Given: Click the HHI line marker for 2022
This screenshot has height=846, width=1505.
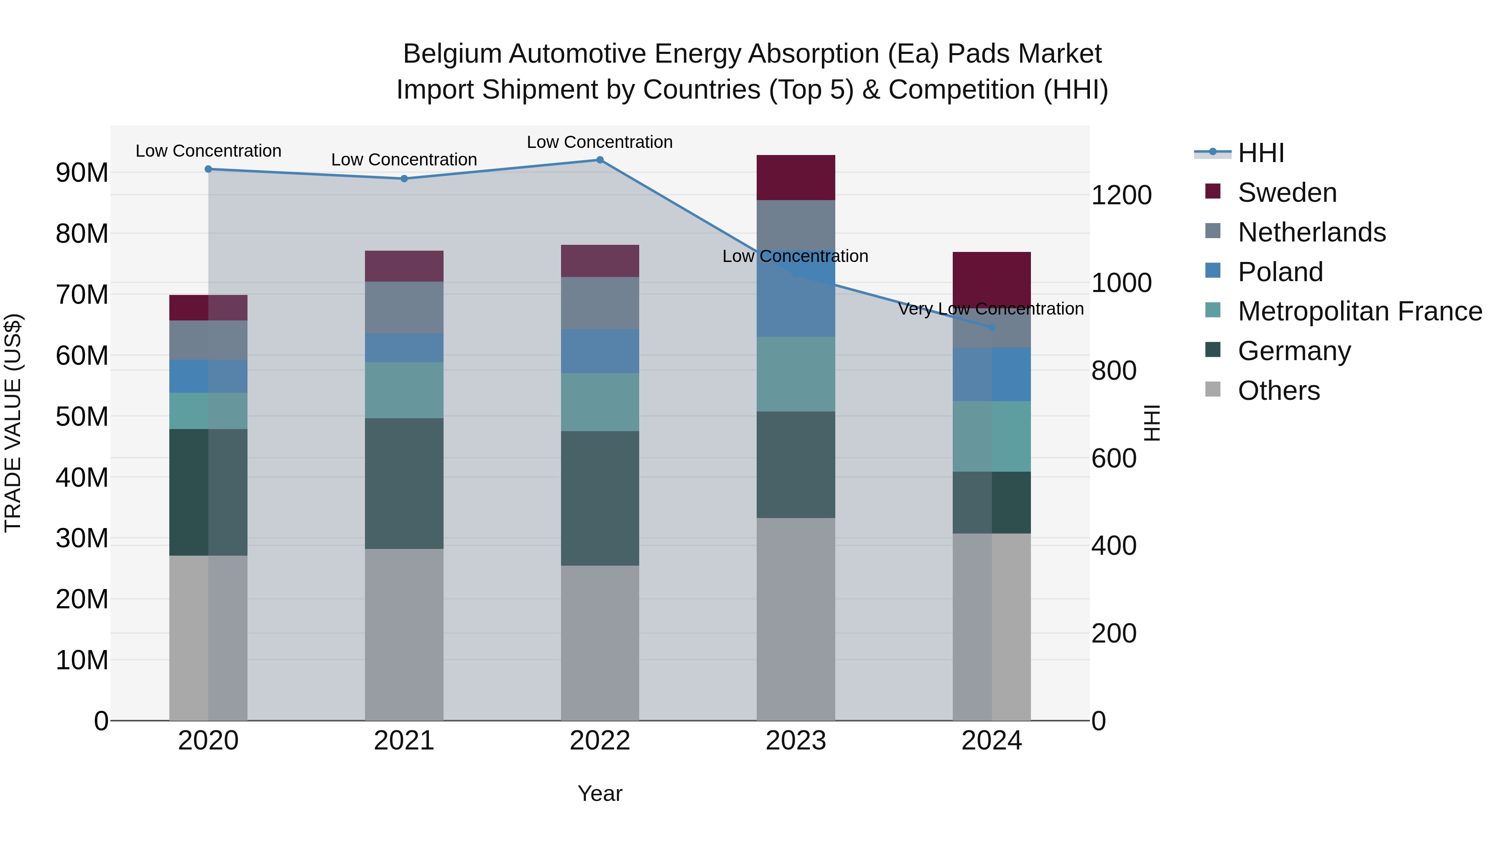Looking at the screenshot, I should click(x=599, y=160).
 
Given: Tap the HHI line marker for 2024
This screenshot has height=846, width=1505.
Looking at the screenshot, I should click(x=992, y=328).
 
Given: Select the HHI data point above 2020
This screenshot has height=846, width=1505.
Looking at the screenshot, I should click(x=208, y=169).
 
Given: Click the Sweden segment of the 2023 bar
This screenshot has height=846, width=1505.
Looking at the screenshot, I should click(x=795, y=178).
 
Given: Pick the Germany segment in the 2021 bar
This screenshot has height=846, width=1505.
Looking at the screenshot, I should click(x=404, y=483).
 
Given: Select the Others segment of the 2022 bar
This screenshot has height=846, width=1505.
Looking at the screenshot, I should click(x=599, y=642).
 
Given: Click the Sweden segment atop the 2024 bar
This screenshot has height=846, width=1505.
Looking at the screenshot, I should click(x=992, y=278).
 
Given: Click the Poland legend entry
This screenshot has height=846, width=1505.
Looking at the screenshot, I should click(x=1280, y=272).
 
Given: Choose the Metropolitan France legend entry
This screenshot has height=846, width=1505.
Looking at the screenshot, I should click(x=1359, y=311).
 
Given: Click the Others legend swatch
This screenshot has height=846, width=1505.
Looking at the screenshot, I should click(x=1212, y=389).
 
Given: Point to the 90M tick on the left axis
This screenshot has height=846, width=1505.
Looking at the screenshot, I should click(x=82, y=173).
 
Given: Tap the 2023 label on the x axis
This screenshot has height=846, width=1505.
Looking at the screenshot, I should click(x=795, y=741).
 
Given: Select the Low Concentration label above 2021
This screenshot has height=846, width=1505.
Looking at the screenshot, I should click(x=404, y=160).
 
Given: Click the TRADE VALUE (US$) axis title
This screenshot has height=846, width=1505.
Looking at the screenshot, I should click(x=13, y=423).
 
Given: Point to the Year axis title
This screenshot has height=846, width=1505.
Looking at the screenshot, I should click(x=599, y=793).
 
